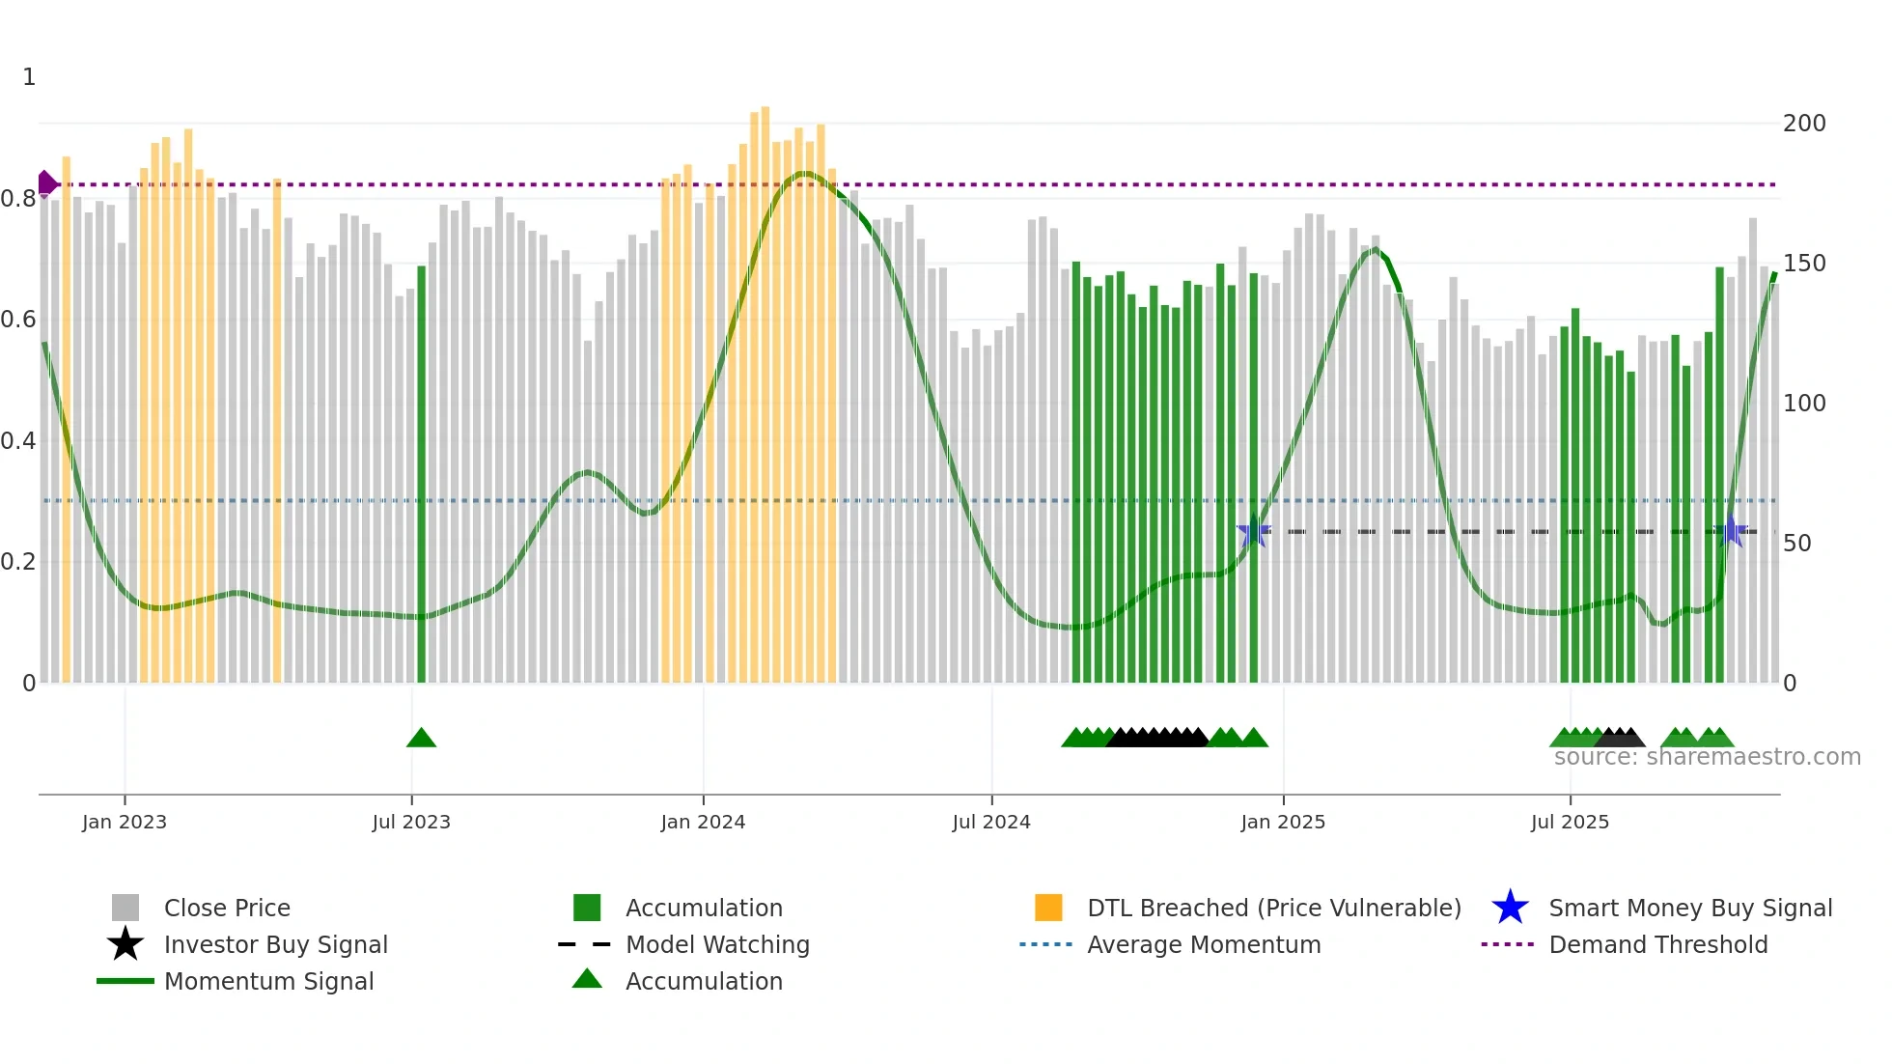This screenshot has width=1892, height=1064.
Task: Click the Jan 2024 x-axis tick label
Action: (x=703, y=822)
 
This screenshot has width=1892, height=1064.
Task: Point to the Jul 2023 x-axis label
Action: (x=411, y=822)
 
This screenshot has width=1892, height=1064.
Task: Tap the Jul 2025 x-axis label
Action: (x=1570, y=822)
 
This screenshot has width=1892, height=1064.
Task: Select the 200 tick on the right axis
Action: (x=1803, y=124)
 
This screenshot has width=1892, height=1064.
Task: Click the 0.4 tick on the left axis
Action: (x=17, y=441)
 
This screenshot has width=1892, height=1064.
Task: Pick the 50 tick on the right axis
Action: (x=1796, y=544)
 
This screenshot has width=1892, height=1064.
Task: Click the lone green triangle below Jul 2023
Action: (x=421, y=739)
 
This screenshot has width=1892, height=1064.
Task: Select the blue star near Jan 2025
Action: (x=1253, y=531)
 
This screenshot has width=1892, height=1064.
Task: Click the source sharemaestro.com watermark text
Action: (x=1707, y=757)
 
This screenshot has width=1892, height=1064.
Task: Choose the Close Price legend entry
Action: (x=227, y=908)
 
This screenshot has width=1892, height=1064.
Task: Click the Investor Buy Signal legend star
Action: (x=125, y=944)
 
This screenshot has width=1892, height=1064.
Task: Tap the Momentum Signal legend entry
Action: (x=268, y=981)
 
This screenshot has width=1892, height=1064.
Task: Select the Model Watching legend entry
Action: (x=716, y=944)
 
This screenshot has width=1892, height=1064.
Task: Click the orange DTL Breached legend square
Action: (x=1048, y=908)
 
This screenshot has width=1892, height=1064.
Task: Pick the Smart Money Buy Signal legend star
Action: (x=1510, y=908)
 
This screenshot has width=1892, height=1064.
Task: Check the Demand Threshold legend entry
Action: (x=1657, y=944)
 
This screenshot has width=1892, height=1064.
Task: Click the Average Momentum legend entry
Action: (x=1203, y=944)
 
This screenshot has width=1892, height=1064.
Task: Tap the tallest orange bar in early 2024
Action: (x=765, y=386)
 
